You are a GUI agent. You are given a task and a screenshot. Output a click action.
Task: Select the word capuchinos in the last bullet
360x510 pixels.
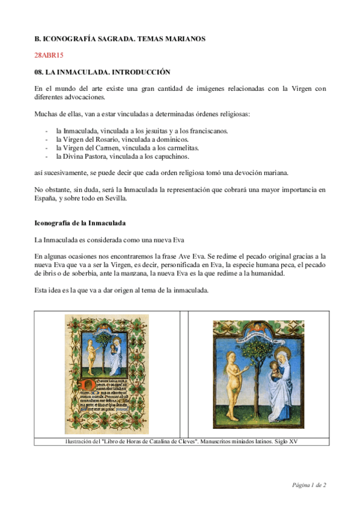171,156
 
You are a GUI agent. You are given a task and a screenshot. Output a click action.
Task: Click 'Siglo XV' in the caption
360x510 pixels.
286,441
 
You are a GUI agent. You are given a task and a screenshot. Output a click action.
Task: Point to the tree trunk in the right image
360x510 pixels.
257,391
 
